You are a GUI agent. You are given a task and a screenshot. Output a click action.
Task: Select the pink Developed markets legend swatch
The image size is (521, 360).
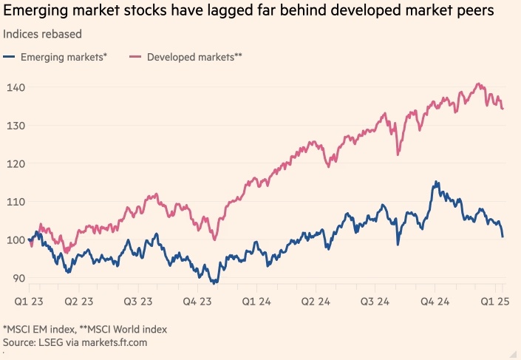point(136,57)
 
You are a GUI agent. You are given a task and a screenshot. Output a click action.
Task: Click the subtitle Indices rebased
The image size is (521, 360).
point(42,35)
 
